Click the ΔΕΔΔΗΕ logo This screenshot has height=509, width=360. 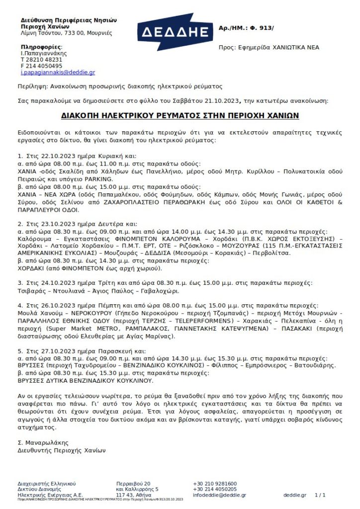click(174, 32)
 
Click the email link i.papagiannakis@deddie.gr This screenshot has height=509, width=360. click(58, 72)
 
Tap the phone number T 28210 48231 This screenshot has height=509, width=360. click(41, 59)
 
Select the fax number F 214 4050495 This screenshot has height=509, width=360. click(41, 66)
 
